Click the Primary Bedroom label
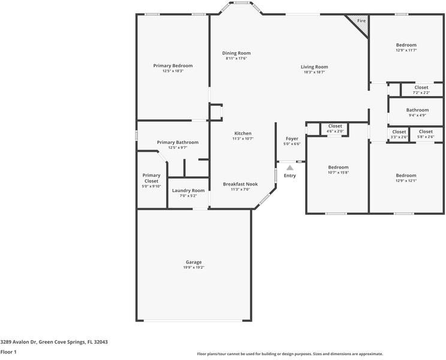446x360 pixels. [x=173, y=65]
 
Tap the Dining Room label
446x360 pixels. [x=236, y=53]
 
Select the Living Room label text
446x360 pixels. [x=314, y=67]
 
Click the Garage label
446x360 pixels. [x=193, y=262]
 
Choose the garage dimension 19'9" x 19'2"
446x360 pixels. [x=193, y=268]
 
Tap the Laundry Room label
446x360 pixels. [x=188, y=190]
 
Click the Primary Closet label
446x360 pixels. [x=151, y=178]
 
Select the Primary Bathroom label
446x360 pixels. [x=177, y=142]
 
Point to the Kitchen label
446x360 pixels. [x=243, y=133]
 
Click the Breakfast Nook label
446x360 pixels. [x=240, y=184]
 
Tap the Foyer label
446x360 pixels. [x=291, y=139]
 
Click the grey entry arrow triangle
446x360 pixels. [x=290, y=168]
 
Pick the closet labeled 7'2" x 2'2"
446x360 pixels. [x=421, y=89]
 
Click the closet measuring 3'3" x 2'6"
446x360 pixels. [x=399, y=134]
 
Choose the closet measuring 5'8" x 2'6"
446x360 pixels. [x=426, y=134]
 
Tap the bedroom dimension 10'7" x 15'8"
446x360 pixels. [x=337, y=172]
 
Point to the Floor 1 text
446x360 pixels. [x=8, y=352]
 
